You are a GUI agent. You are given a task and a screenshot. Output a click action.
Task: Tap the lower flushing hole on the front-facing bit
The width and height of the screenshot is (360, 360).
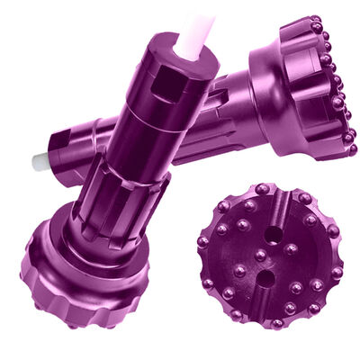pos(260,255)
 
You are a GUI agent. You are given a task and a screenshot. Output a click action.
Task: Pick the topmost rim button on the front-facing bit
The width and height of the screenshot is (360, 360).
pos(261,189)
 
